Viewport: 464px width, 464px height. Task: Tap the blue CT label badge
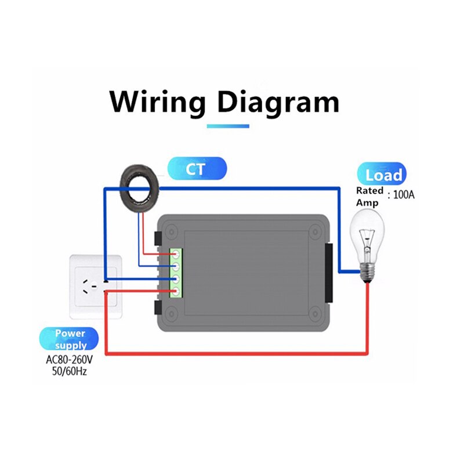tap(197, 169)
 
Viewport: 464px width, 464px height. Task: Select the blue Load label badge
tap(382, 175)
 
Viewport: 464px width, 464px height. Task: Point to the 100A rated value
tap(404, 195)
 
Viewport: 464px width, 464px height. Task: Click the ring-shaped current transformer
tap(141, 183)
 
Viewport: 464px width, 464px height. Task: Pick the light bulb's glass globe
tap(367, 235)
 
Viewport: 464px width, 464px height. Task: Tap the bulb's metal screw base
tap(367, 270)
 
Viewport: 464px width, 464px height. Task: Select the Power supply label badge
tap(70, 338)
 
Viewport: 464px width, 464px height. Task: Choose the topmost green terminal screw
tap(175, 253)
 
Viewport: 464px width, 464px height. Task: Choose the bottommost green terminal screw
tap(175, 292)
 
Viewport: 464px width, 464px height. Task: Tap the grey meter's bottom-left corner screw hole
tap(171, 316)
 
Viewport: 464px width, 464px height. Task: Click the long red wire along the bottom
tap(238, 353)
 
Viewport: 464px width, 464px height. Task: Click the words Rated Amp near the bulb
tap(369, 196)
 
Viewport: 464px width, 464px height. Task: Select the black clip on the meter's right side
tap(329, 273)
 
